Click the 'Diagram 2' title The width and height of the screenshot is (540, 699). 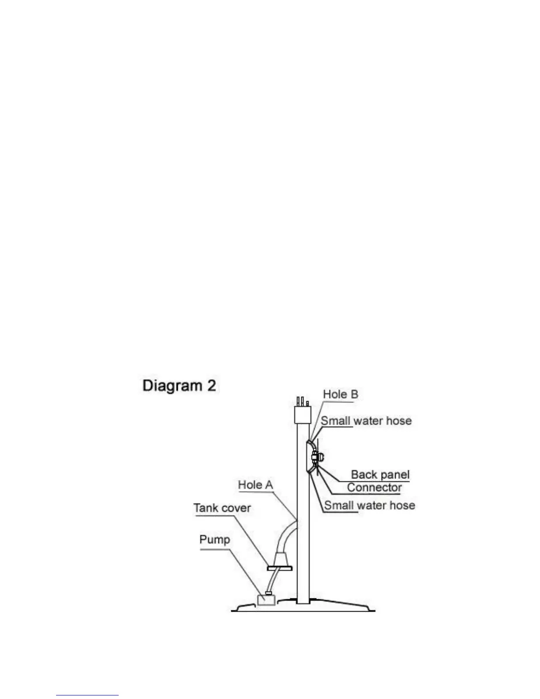[x=179, y=386]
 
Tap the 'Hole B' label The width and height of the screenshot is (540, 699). [x=340, y=394]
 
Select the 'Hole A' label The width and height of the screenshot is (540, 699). [x=255, y=485]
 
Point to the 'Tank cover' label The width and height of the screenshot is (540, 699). [x=222, y=508]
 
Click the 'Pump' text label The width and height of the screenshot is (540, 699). [x=214, y=539]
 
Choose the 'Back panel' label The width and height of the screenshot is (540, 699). [x=380, y=475]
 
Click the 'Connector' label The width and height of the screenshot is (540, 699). [x=374, y=488]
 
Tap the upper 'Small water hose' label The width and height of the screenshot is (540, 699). [x=366, y=421]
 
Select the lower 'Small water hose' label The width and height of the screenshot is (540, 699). [x=370, y=505]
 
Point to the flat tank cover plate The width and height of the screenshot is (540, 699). [x=281, y=568]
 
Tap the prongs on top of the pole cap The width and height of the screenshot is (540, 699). [x=302, y=402]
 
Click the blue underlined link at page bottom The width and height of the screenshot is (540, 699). [x=87, y=695]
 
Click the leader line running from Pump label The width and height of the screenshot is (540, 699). [x=247, y=574]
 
